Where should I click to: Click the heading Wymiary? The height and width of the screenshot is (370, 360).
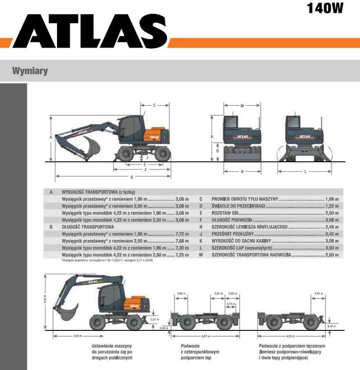click(x=31, y=70)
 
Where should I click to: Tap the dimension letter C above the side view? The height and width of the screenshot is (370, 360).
click(x=154, y=105)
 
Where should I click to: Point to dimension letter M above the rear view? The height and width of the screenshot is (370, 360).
click(x=242, y=106)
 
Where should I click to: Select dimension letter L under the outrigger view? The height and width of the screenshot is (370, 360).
click(x=306, y=171)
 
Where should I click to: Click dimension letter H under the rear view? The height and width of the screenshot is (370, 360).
click(x=242, y=171)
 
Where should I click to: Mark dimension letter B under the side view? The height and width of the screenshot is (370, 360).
click(x=132, y=177)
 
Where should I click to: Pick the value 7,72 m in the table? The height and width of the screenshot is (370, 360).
click(x=181, y=233)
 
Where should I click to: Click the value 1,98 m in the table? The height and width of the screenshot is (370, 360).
click(x=332, y=198)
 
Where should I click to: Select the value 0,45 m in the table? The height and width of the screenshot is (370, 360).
click(x=332, y=233)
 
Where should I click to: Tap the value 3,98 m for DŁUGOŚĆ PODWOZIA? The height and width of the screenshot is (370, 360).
click(x=332, y=219)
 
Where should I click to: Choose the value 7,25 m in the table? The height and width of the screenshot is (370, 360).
click(x=181, y=254)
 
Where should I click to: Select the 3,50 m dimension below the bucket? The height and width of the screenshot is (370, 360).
click(x=77, y=336)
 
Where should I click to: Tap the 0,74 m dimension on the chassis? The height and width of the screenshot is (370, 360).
click(x=229, y=304)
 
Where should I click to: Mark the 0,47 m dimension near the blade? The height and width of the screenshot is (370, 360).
click(x=331, y=326)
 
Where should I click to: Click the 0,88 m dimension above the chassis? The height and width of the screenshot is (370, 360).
click(x=181, y=293)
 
